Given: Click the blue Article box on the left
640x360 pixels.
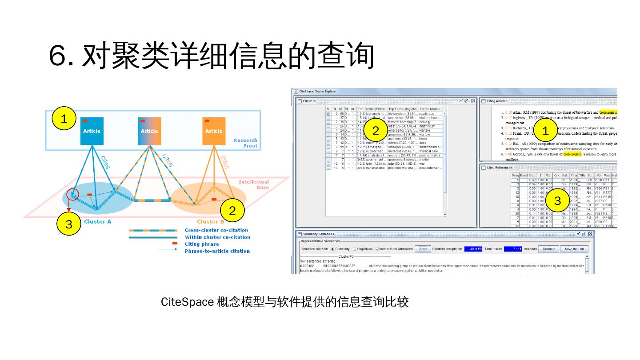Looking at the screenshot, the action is click(x=92, y=131).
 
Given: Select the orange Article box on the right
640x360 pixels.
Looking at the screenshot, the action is click(x=214, y=131).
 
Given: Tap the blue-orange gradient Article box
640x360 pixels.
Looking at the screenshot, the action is click(x=149, y=131).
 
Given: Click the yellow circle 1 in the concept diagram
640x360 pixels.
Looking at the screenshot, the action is click(x=64, y=119).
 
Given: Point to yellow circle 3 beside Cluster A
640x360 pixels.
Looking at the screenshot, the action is click(x=68, y=224).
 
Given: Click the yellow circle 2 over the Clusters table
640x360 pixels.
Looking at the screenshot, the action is click(x=376, y=130).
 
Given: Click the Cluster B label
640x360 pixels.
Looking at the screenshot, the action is click(x=210, y=222).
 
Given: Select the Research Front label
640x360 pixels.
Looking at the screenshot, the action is click(x=245, y=143).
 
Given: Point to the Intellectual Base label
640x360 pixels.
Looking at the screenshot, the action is click(x=254, y=184).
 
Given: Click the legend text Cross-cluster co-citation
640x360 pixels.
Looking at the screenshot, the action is click(x=216, y=230).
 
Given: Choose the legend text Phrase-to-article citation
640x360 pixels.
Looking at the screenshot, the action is click(x=217, y=251).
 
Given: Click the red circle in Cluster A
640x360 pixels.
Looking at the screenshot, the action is click(x=72, y=194).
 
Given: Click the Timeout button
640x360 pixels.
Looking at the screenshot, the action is click(x=548, y=249).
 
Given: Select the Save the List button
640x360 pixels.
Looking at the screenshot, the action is click(x=574, y=249).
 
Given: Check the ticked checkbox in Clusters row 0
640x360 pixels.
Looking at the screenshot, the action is click(x=328, y=114).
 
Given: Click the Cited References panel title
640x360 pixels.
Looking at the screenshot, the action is click(x=500, y=168).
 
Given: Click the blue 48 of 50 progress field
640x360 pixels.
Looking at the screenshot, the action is click(x=473, y=249).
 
